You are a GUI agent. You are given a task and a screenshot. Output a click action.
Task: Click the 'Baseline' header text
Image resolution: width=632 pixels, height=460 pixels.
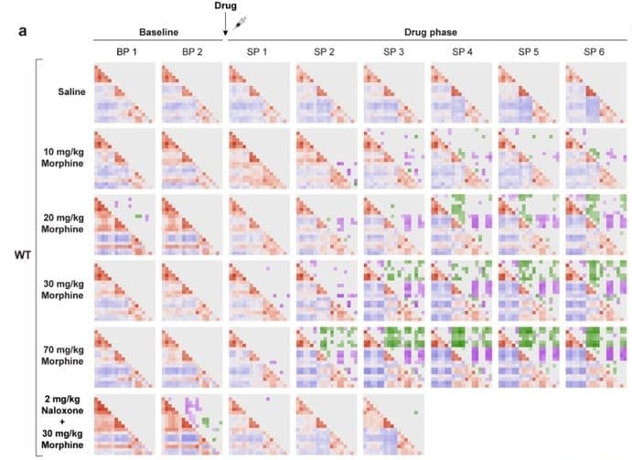pyautogui.click(x=157, y=32)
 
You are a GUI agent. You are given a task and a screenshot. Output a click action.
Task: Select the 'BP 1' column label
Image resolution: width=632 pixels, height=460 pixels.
pyautogui.click(x=124, y=51)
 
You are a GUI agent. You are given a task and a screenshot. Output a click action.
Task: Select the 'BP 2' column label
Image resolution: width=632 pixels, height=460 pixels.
pyautogui.click(x=191, y=51)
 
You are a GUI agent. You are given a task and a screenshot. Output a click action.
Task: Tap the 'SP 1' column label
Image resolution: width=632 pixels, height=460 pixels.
pyautogui.click(x=258, y=51)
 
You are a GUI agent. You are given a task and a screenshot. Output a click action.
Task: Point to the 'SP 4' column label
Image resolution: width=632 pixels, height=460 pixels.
pyautogui.click(x=461, y=51)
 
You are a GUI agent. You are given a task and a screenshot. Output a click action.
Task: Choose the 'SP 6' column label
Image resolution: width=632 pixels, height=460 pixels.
pyautogui.click(x=595, y=51)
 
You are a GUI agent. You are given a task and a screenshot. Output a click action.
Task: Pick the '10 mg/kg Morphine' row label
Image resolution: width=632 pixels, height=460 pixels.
pyautogui.click(x=65, y=156)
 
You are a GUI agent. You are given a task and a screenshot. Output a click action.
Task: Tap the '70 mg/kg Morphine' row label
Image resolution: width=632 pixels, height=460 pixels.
pyautogui.click(x=65, y=354)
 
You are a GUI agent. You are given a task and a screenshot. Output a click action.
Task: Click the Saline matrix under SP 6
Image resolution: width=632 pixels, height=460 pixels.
pyautogui.click(x=595, y=93)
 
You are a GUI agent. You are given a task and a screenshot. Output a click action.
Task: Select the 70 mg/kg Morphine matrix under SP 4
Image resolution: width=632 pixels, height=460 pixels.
pyautogui.click(x=461, y=355)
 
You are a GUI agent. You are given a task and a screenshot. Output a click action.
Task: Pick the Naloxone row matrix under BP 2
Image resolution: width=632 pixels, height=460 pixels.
pyautogui.click(x=191, y=421)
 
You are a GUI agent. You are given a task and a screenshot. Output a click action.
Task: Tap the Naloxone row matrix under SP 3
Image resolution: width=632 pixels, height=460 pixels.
pyautogui.click(x=393, y=421)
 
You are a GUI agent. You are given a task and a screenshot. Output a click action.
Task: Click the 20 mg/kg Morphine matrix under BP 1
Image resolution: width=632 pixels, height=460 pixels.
pyautogui.click(x=124, y=223)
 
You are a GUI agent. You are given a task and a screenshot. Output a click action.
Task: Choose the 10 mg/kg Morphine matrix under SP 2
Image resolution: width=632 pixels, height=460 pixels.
pyautogui.click(x=326, y=158)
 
